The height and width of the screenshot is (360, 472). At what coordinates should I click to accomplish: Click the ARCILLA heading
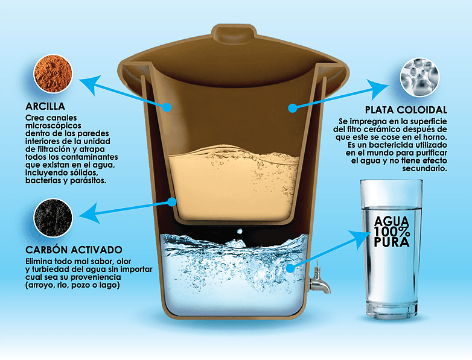click(45, 107)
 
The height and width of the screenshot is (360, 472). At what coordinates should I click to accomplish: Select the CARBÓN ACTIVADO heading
click(74, 250)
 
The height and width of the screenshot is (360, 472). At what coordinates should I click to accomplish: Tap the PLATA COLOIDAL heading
click(406, 110)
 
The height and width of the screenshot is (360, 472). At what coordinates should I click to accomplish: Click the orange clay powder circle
click(53, 74)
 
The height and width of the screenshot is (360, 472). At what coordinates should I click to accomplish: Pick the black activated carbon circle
click(53, 218)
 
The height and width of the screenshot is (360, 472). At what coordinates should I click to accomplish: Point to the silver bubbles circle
click(419, 77)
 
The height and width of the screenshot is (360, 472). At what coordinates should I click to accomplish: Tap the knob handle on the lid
click(234, 32)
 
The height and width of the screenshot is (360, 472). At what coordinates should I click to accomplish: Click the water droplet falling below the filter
click(240, 232)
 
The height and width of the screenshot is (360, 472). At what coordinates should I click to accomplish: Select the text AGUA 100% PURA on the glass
click(392, 232)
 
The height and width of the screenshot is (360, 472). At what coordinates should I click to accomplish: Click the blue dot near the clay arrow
click(167, 107)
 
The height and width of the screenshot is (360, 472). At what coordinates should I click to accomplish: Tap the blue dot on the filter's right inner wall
click(292, 108)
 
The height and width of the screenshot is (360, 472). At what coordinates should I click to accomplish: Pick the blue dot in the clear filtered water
click(290, 268)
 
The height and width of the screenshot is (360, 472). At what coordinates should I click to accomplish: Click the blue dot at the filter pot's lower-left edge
click(172, 202)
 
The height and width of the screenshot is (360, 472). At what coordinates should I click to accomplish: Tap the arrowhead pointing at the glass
click(360, 238)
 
